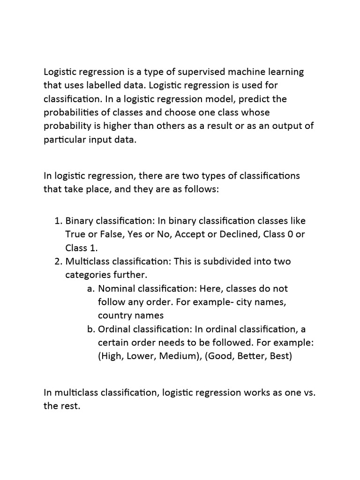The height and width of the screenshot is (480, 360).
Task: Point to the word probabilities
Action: [70, 113]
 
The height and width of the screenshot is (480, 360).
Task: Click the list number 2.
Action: [58, 261]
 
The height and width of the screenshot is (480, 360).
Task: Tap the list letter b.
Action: [91, 330]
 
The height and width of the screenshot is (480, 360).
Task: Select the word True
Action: [75, 234]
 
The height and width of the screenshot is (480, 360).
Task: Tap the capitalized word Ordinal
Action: [115, 330]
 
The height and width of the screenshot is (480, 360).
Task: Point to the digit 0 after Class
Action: [291, 234]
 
